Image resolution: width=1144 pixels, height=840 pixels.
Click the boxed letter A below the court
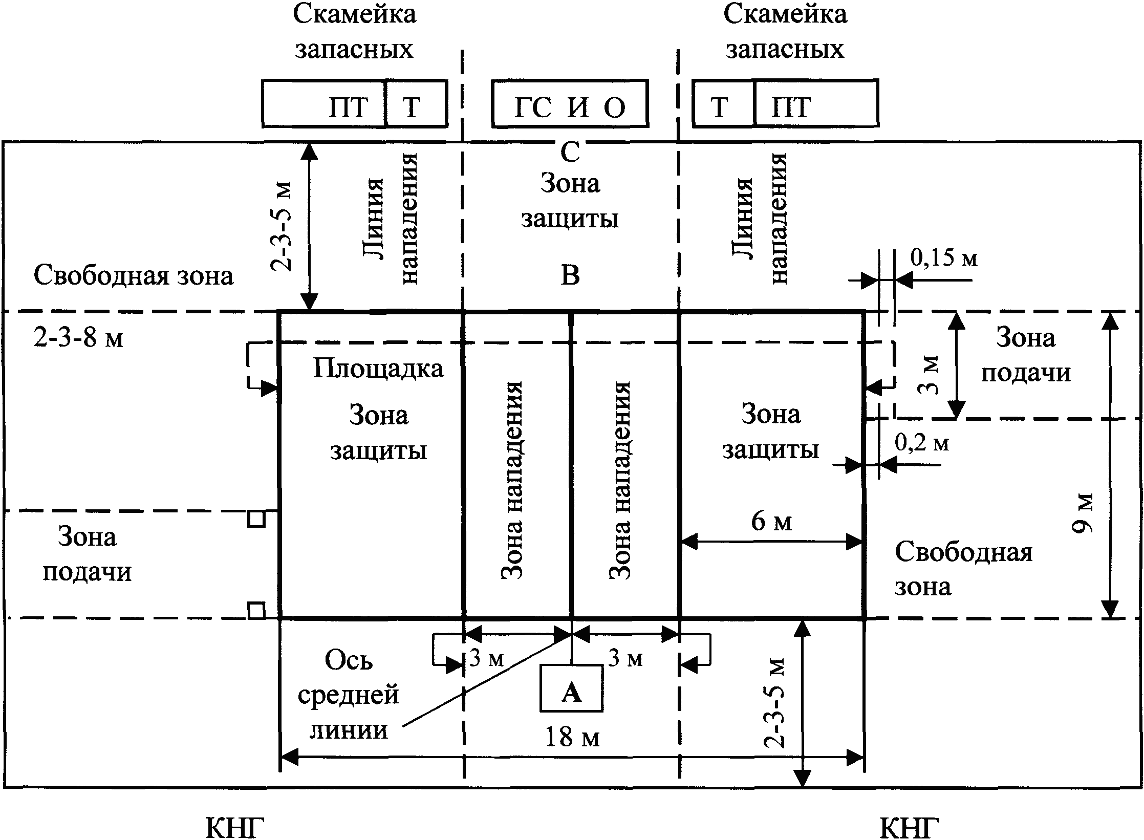coord(571,695)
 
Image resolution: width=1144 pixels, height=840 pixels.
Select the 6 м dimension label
coord(771,522)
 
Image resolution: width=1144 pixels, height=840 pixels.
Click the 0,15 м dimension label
coord(943,259)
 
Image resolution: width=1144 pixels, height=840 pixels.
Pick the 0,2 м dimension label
coord(922,443)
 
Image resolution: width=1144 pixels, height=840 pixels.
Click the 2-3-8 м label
coord(78,338)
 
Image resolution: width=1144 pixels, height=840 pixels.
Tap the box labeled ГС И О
coord(570,103)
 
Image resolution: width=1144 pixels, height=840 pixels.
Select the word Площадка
coord(378,369)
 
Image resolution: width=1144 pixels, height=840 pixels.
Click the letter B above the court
coord(570,276)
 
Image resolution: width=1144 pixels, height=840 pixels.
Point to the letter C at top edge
coord(570,152)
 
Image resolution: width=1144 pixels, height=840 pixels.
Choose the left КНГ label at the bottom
coord(235,829)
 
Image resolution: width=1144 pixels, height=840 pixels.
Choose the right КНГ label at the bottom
coord(909,829)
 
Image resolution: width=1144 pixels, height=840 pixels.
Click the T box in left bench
coord(416,103)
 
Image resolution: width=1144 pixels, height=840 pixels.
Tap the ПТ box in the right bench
coord(816,103)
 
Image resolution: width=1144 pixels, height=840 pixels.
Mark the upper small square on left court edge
coord(256,519)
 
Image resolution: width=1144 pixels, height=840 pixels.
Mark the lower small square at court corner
coord(256,611)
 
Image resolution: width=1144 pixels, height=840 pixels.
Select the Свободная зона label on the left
coord(134,276)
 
